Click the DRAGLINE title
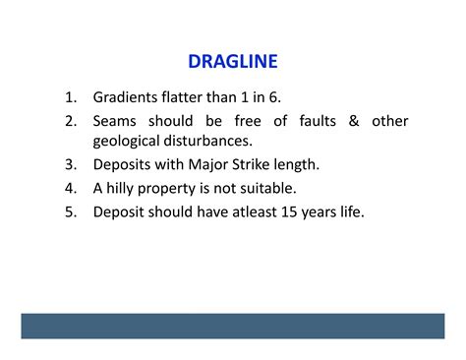233,62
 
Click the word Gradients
129,98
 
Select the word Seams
117,121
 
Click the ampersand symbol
353,121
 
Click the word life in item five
348,210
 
